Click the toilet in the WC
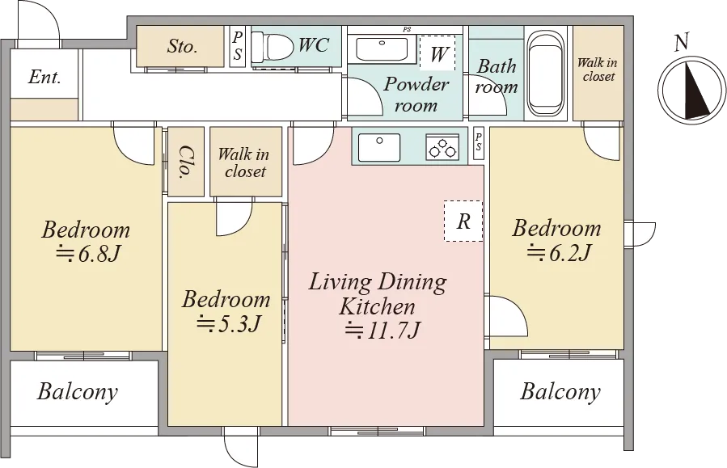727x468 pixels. point(273,46)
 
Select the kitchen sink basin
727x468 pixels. point(378,147)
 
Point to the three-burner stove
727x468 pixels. point(442,147)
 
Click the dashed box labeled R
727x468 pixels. point(463,221)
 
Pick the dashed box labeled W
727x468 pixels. point(437,53)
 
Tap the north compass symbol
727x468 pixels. point(691,91)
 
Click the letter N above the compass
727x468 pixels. point(681,43)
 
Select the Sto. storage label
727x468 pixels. point(182,46)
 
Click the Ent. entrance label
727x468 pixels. point(44,77)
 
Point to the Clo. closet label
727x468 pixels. point(185,162)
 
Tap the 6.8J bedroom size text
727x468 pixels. point(89,254)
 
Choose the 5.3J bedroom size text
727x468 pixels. point(228,323)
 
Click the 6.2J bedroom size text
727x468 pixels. point(559,253)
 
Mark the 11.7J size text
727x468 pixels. point(383,331)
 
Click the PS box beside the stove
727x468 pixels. point(479,141)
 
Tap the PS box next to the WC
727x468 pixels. point(238,46)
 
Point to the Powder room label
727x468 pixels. point(416,95)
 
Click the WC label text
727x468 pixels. point(314,45)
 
